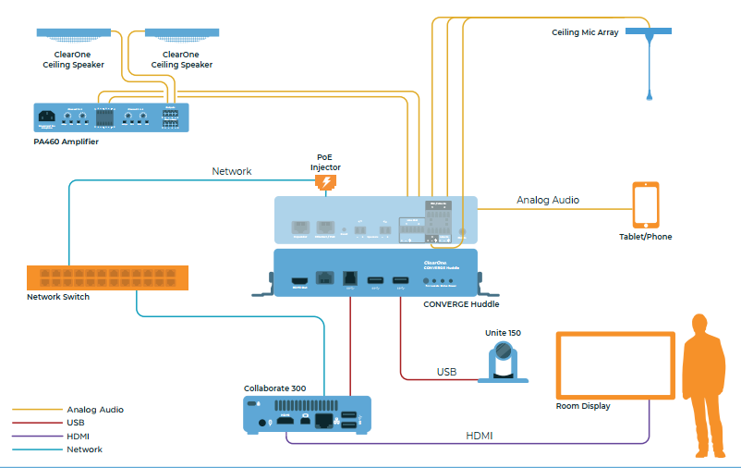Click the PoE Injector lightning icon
coord(325,183)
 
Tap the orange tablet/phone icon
coord(646,204)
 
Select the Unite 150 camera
coord(503,362)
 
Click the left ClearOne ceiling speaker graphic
coord(74,35)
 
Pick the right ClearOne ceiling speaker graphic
coord(182,35)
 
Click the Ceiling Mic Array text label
coord(586,32)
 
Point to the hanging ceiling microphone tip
coord(650,95)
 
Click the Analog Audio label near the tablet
coord(548,200)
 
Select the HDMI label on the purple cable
coord(480,435)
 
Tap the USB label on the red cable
coord(447,372)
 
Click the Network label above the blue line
coord(231,171)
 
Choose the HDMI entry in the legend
coord(78,436)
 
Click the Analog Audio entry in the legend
coord(94,409)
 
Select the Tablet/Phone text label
coord(645,237)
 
